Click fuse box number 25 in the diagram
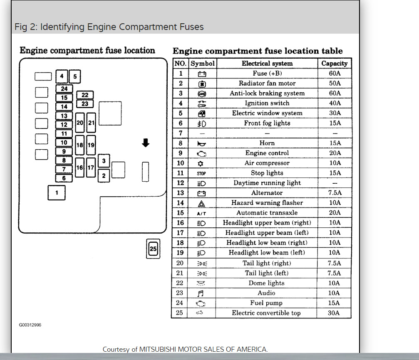coord(153,249)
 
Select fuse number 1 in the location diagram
coord(57,192)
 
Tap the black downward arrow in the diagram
coord(145,143)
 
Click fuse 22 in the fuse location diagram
coord(85,95)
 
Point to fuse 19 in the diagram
coord(91,145)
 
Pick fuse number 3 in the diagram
coord(104,161)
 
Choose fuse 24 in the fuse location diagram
coord(64,89)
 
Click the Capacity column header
coord(334,64)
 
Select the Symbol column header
coord(202,64)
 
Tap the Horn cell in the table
coord(267,143)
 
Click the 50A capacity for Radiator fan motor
coord(334,83)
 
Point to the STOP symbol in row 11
coord(201,173)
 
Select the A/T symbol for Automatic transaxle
coord(201,213)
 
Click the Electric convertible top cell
coord(266,313)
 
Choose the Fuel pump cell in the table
coord(266,303)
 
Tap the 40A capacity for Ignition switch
coord(334,103)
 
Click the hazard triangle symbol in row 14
coord(201,203)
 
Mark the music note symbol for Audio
coord(201,293)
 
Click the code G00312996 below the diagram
coord(30,325)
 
